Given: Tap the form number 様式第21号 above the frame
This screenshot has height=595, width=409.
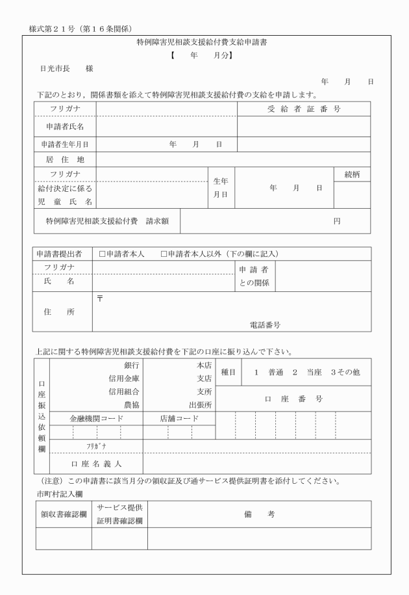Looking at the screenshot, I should (55, 29).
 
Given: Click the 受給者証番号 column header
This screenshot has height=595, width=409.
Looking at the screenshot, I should (304, 109).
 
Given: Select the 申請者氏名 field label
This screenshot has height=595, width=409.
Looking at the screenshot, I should (64, 126).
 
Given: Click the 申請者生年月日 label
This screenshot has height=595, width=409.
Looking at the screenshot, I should (64, 144).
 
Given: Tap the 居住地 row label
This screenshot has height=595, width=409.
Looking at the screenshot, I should (64, 159).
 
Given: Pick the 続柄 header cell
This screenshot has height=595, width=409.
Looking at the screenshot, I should (352, 174).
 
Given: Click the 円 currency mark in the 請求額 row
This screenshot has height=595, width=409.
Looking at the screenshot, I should (337, 221).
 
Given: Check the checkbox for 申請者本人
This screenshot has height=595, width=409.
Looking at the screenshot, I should (102, 254).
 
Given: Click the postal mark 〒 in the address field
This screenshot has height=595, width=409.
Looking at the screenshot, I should (100, 298).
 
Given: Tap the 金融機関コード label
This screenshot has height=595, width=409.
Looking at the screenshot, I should (96, 419).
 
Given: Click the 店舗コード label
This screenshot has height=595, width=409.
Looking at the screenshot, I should (179, 419).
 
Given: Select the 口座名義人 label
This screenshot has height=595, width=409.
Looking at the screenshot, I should (96, 464).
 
